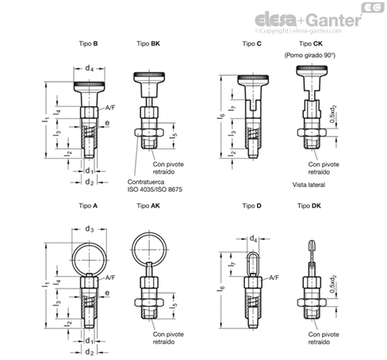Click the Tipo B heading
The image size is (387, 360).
tap(88, 44)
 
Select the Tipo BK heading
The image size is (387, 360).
tap(148, 44)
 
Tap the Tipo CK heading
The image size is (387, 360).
tap(311, 44)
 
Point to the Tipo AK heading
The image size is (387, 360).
tap(148, 205)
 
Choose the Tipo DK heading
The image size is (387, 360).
tap(309, 205)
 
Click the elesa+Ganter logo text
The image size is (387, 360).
tap(308, 20)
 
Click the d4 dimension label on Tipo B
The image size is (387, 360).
tap(90, 68)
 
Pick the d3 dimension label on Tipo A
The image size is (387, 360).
tap(90, 229)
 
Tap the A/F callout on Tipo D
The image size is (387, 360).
tap(274, 278)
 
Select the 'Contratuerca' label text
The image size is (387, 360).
tap(146, 182)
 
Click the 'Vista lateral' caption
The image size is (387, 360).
tap(308, 185)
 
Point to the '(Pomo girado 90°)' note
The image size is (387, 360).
tap(310, 56)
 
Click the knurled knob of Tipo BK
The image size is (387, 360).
tap(149, 75)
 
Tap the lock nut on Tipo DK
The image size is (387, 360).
tap(312, 302)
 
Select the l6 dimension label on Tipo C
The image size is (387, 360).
tap(221, 117)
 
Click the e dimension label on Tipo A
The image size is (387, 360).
tap(107, 293)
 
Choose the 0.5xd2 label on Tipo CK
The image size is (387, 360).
tap(333, 114)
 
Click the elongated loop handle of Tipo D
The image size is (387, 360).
tap(249, 264)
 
